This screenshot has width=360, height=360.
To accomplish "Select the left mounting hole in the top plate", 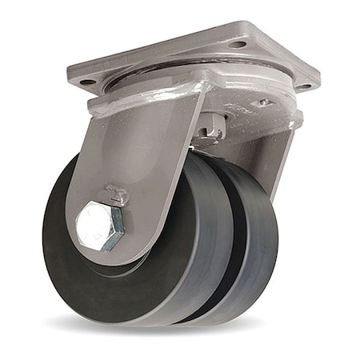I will pyautogui.click(x=88, y=82).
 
